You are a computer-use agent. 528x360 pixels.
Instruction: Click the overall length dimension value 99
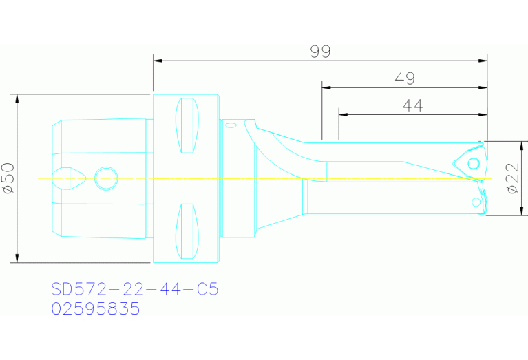tap(320, 52)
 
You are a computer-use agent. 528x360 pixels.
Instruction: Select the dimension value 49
tap(405, 78)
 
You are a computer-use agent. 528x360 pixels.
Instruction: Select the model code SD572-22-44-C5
tap(135, 289)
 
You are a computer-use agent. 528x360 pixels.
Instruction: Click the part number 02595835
tap(96, 309)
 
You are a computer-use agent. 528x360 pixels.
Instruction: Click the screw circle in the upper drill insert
tap(474, 164)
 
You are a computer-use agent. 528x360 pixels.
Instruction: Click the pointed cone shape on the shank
tap(71, 177)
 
